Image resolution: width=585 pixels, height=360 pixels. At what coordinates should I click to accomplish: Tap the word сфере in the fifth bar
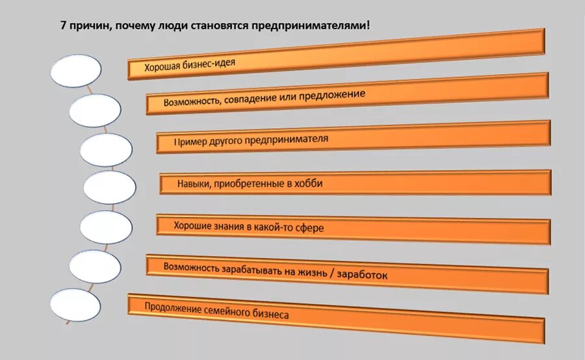(309, 227)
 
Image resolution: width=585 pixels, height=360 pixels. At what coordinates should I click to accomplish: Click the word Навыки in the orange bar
(192, 184)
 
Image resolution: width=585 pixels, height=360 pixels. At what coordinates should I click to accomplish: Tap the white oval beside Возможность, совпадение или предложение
(95, 110)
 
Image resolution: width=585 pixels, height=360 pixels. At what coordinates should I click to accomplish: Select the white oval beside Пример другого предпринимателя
(106, 149)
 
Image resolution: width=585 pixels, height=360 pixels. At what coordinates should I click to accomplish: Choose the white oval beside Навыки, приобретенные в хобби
(110, 188)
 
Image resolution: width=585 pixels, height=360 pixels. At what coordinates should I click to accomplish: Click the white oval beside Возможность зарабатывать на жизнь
(95, 266)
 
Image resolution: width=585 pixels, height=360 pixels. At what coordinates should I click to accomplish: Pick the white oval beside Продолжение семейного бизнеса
(76, 304)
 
